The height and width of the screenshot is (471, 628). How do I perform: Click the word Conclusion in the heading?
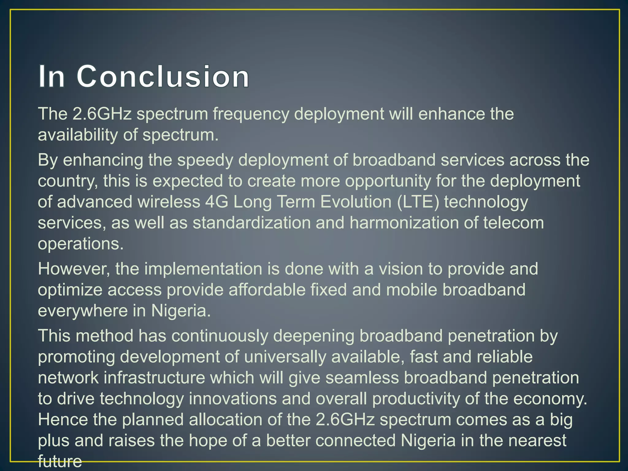[x=163, y=76]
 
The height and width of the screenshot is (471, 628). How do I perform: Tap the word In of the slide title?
[x=52, y=76]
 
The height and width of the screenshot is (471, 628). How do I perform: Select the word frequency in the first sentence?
[x=251, y=114]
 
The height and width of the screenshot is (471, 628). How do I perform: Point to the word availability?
[x=78, y=135]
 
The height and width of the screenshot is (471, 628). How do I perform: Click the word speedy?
[x=205, y=160]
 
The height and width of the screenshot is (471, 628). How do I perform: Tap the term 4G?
[x=217, y=202]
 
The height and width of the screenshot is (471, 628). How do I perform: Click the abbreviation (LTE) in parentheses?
[x=418, y=202]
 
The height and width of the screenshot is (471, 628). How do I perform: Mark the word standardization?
[x=252, y=223]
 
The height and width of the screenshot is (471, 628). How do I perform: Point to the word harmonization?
[x=404, y=223]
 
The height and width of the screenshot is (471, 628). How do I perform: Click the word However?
[x=74, y=269]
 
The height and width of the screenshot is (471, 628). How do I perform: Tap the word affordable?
[x=267, y=290]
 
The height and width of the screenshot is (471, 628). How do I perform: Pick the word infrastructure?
[x=154, y=378]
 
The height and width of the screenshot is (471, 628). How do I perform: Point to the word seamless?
[x=362, y=378]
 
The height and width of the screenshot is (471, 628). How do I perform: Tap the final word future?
[x=60, y=461]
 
